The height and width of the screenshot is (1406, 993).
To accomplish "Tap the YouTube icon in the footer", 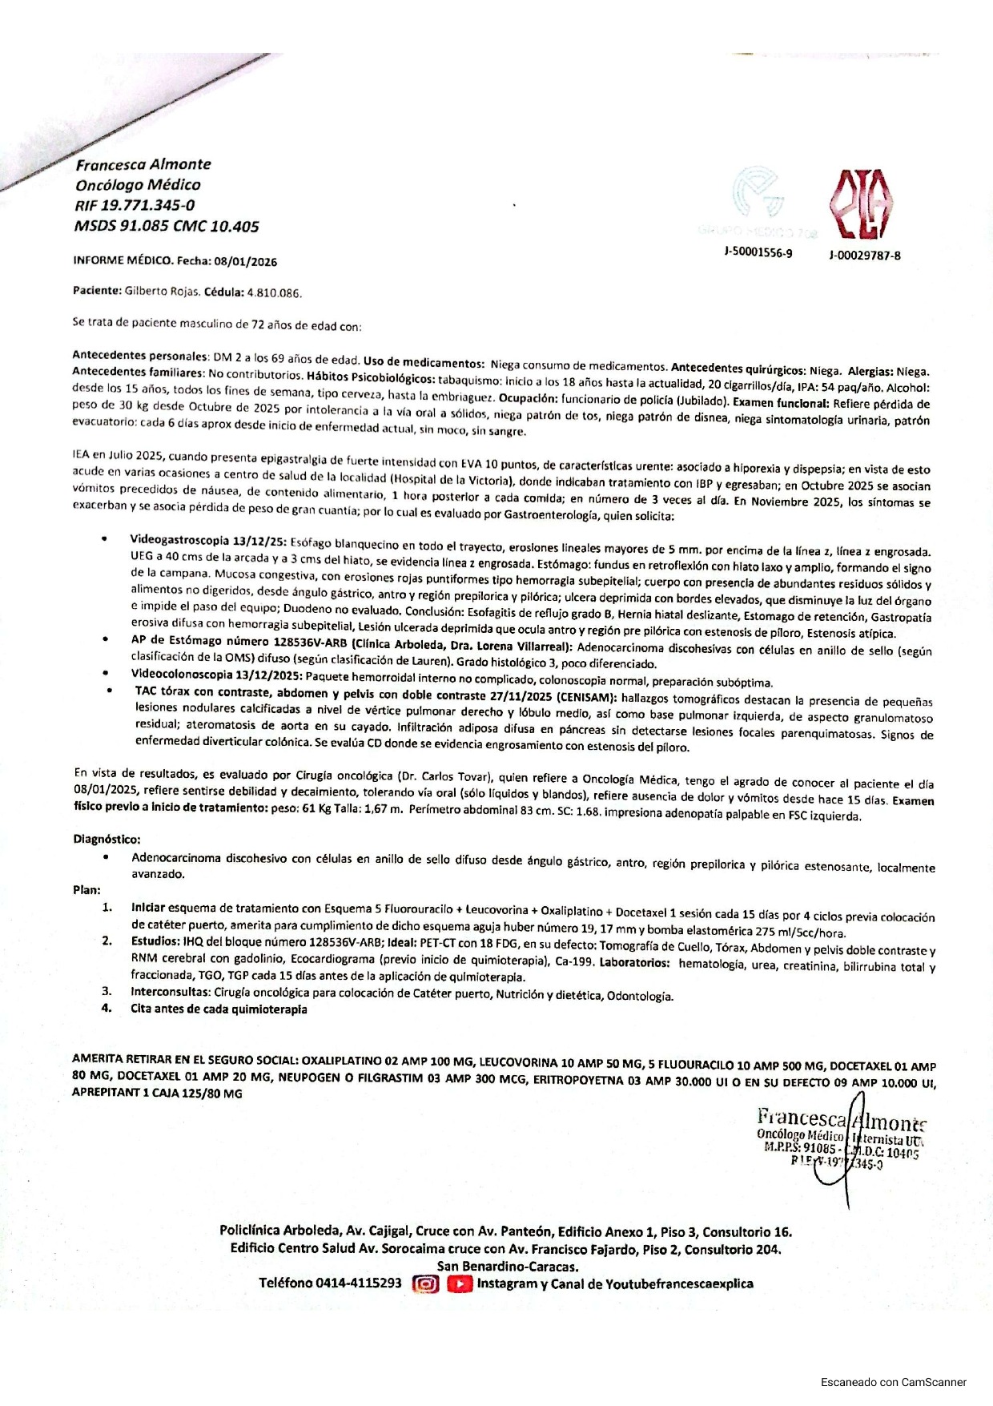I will coord(459,1283).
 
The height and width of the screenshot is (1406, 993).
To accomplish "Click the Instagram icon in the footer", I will coord(426,1283).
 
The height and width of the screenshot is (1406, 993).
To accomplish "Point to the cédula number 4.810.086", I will coord(275,292).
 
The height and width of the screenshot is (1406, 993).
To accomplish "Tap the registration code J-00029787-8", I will coord(865,256).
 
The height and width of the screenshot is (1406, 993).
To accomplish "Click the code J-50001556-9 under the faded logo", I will coord(758,253).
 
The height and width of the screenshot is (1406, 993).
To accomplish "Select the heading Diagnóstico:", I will coord(107,839).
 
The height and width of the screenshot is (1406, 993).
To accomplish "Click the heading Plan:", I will coord(86,889).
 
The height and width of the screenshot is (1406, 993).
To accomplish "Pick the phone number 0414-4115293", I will coord(359,1283).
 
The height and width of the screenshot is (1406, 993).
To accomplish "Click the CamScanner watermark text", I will coord(893,1382).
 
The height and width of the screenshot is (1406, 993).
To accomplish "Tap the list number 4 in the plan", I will coord(107,1008).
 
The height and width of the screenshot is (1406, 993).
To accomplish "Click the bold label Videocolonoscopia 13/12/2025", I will coord(215,675).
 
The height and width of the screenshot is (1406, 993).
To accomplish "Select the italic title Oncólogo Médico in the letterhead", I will coord(138,185).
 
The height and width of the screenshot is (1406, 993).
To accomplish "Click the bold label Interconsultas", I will coord(171,992).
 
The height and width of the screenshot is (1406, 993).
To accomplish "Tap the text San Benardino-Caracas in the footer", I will coord(507,1266).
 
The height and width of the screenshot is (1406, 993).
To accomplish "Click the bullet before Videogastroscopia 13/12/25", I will coord(105,539).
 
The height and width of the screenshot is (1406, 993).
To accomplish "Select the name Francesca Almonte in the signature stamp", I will coord(841,1118).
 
